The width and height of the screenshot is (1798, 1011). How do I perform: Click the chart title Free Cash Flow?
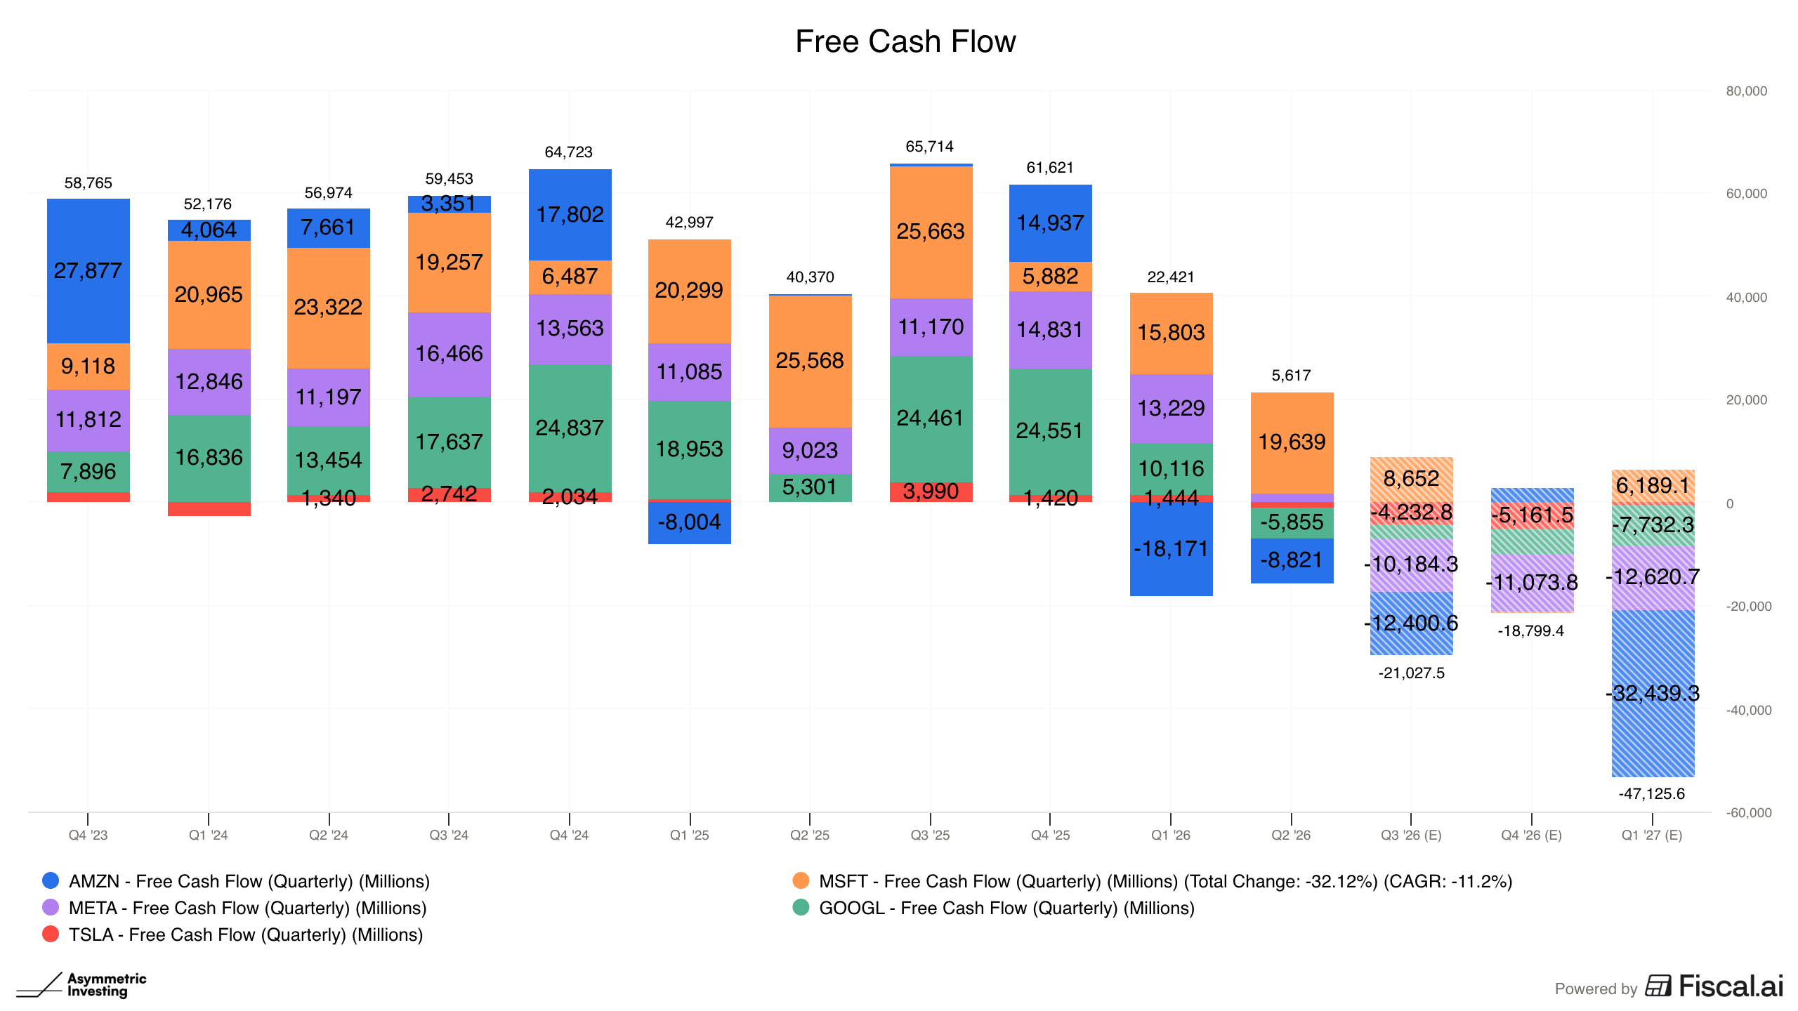pyautogui.click(x=905, y=41)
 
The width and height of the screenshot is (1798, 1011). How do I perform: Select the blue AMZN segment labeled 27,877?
pyautogui.click(x=88, y=271)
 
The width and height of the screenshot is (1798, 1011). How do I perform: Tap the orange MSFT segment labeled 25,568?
pyautogui.click(x=811, y=361)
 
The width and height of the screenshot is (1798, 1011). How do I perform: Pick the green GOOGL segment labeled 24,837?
pyautogui.click(x=570, y=428)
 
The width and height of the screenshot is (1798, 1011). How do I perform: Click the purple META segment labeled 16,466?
pyautogui.click(x=449, y=355)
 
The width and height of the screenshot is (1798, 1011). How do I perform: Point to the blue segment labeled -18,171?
pyautogui.click(x=1172, y=549)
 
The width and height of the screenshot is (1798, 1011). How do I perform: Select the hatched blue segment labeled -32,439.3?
pyautogui.click(x=1653, y=694)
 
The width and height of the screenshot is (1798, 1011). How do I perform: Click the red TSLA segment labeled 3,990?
pyautogui.click(x=931, y=491)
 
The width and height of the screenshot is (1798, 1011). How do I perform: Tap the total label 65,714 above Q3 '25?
pyautogui.click(x=930, y=147)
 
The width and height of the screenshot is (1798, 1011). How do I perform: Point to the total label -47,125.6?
pyautogui.click(x=1652, y=794)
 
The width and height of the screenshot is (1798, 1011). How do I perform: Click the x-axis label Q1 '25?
pyautogui.click(x=690, y=835)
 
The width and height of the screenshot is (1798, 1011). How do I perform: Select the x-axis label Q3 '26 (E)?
pyautogui.click(x=1411, y=835)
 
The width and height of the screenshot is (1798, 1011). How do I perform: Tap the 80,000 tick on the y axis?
pyautogui.click(x=1747, y=91)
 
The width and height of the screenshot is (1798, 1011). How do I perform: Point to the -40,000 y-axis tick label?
pyautogui.click(x=1749, y=711)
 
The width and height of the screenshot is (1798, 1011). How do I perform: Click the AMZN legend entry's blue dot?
pyautogui.click(x=51, y=880)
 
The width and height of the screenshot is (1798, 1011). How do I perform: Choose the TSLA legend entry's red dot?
pyautogui.click(x=51, y=934)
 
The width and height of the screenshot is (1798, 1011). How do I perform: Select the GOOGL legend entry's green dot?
pyautogui.click(x=801, y=907)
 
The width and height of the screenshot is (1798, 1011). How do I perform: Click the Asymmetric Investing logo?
pyautogui.click(x=81, y=985)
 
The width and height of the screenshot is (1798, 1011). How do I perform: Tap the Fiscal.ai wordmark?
pyautogui.click(x=1731, y=986)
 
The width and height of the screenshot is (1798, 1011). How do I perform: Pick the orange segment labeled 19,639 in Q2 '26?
pyautogui.click(x=1292, y=443)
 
